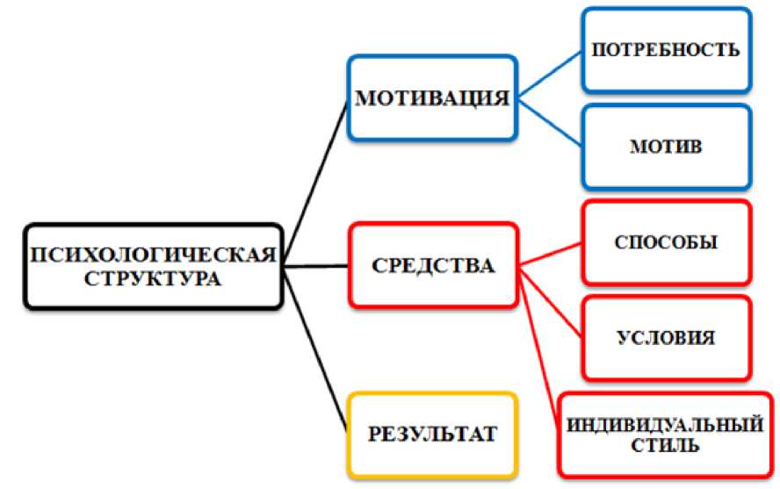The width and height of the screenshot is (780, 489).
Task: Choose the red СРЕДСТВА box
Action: tap(432, 264)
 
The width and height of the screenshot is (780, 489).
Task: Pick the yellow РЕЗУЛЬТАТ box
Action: tap(432, 433)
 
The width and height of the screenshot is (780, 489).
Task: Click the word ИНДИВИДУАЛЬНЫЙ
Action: tap(663, 426)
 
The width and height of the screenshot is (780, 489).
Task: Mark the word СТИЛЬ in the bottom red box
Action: tap(664, 446)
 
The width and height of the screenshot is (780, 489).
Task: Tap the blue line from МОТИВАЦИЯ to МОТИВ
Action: tap(549, 120)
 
